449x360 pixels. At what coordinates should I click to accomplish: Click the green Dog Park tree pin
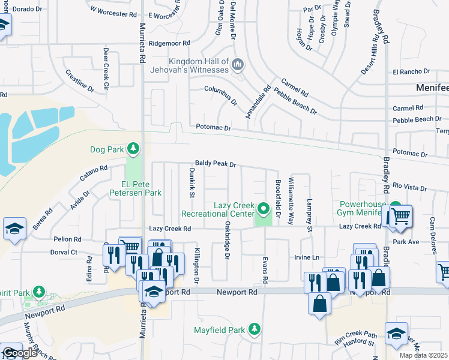[133, 149]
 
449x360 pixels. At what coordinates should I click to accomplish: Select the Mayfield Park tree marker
[255, 329]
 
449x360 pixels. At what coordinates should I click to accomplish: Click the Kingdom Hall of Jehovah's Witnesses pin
[238, 63]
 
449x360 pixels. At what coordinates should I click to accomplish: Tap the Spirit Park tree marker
[40, 292]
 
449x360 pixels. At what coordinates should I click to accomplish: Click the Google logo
[20, 353]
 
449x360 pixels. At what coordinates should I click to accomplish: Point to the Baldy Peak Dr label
[215, 164]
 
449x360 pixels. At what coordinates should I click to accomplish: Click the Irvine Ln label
[306, 257]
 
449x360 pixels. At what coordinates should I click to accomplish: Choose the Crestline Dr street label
[80, 80]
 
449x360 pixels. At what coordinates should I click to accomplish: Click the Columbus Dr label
[220, 95]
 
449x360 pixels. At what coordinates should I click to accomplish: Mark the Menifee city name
[432, 88]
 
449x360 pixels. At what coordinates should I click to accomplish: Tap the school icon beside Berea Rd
[14, 228]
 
